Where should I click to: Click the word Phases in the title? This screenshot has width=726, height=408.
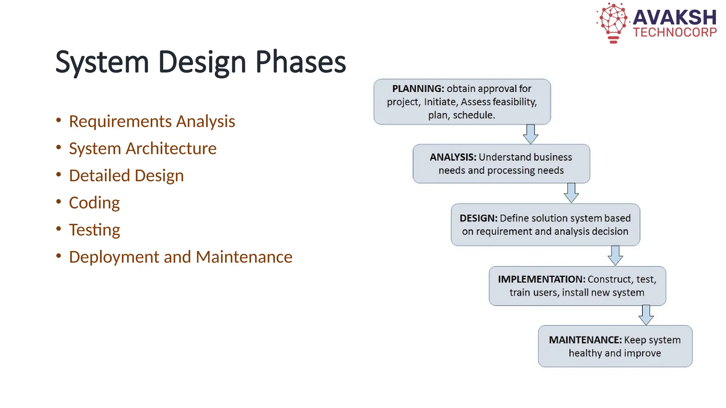300,62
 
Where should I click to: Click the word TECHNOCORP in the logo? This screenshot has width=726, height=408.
675,33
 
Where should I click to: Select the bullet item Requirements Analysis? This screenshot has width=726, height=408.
152,121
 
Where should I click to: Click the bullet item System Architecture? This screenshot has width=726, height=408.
143,148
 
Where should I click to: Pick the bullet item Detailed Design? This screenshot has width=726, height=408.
126,176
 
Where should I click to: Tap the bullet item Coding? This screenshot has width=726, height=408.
94,203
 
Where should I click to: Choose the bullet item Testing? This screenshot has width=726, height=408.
94,230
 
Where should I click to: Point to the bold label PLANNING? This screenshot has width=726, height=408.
418,89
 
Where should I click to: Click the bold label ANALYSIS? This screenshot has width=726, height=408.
453,157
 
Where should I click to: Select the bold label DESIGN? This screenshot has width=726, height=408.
479,218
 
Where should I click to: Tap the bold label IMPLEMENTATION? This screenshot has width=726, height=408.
541,279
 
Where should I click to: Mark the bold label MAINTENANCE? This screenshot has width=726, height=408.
585,340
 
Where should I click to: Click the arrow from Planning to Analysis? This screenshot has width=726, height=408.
531,134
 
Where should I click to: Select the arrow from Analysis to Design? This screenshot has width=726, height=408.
571,193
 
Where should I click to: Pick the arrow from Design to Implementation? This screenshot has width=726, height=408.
615,255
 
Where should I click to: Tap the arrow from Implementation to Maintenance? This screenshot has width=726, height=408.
646,315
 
